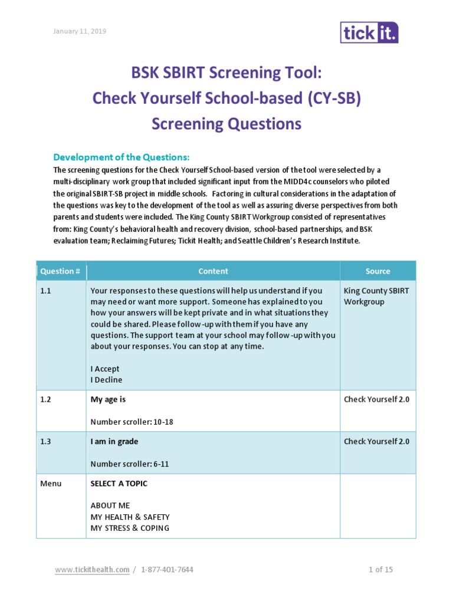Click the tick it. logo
coord(369,32)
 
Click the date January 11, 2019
coord(81,31)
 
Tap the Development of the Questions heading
coord(122,157)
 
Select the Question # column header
coord(60,271)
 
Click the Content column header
coord(213,271)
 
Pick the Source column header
coord(377,271)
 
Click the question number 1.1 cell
coord(46,291)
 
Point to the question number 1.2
coord(46,399)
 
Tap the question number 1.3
coord(46,441)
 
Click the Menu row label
coord(51,483)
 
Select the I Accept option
coord(105,369)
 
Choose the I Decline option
coord(106,380)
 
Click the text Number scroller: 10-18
coord(132,422)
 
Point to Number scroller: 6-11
coord(130,464)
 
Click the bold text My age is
coord(108,399)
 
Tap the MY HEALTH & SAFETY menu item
coord(130,517)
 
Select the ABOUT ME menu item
coord(110,505)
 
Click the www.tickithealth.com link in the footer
coord(92,569)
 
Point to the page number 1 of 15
coord(380,569)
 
